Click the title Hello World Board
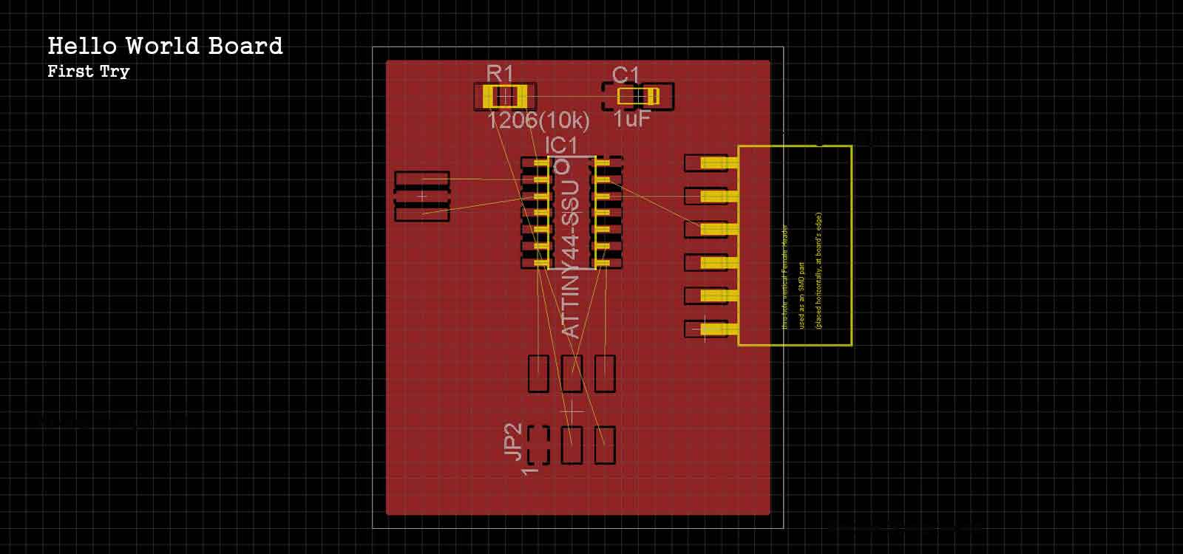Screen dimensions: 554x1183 click(165, 46)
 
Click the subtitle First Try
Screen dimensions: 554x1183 click(88, 72)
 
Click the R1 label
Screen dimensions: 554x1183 click(500, 73)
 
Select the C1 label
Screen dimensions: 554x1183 click(626, 75)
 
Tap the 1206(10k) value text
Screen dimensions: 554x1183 click(538, 120)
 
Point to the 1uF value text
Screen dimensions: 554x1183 click(631, 119)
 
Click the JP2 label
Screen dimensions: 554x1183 click(513, 442)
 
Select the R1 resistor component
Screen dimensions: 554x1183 click(504, 97)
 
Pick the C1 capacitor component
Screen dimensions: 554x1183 click(638, 96)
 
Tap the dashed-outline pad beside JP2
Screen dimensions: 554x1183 click(538, 445)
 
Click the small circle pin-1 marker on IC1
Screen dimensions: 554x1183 click(562, 167)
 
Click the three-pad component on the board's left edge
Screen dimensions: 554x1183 click(422, 196)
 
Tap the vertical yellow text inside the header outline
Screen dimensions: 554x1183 click(801, 277)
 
